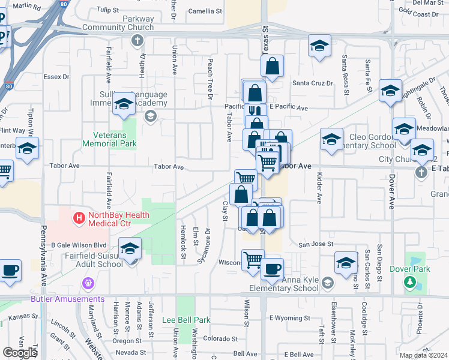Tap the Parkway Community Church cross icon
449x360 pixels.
[x=137, y=41]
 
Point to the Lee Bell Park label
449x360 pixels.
[x=186, y=320]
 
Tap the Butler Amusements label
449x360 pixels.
[x=68, y=299]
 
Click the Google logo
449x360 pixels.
[x=20, y=353]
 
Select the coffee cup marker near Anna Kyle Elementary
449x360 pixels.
[x=272, y=269]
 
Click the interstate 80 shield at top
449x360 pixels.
[x=63, y=4]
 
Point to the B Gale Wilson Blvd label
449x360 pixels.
[x=78, y=245]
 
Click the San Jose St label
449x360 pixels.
[x=316, y=244]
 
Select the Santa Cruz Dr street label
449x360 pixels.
[x=312, y=83]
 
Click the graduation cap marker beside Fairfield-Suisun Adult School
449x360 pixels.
[x=130, y=249]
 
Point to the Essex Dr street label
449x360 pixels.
[x=57, y=77]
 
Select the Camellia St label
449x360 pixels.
[x=205, y=11]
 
